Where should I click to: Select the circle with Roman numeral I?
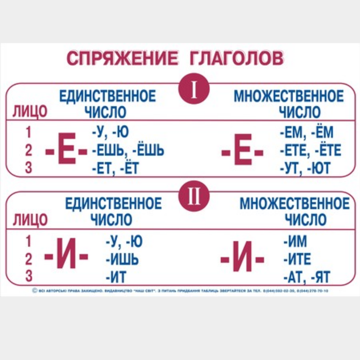pyautogui.click(x=194, y=88)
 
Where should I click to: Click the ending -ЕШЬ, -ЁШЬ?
pyautogui.click(x=128, y=151)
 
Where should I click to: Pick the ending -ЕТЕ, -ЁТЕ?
pyautogui.click(x=310, y=151)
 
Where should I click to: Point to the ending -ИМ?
pyautogui.click(x=295, y=241)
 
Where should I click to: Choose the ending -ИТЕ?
pyautogui.click(x=297, y=259)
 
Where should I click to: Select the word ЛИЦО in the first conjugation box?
pyautogui.click(x=30, y=112)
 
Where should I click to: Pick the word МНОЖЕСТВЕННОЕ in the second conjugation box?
pyautogui.click(x=295, y=203)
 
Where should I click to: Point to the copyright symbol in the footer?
pyautogui.click(x=35, y=291)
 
